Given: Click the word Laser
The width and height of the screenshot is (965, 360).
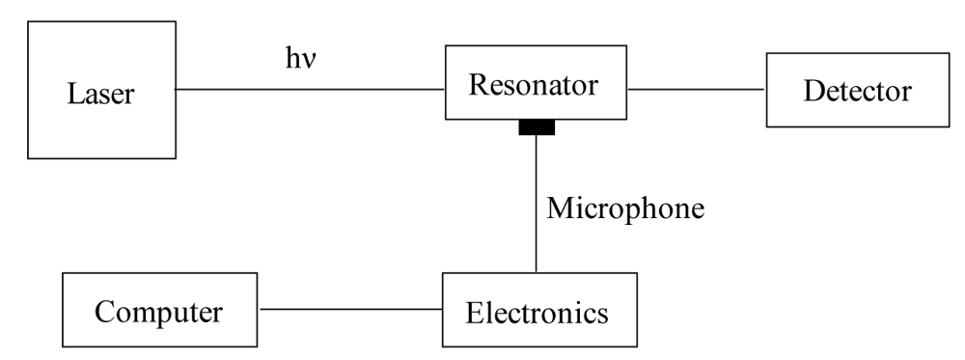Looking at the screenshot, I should click(100, 95).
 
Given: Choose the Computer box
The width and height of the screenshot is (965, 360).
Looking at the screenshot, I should click(159, 311).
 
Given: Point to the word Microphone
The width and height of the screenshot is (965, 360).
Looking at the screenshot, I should click(625, 208).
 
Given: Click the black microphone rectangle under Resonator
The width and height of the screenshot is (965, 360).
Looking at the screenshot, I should click(537, 127).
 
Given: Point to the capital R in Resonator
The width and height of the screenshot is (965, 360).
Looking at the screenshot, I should click(477, 84).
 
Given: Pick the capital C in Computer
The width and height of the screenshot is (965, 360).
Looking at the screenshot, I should click(102, 312).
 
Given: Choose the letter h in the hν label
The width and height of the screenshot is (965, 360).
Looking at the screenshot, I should click(290, 60).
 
